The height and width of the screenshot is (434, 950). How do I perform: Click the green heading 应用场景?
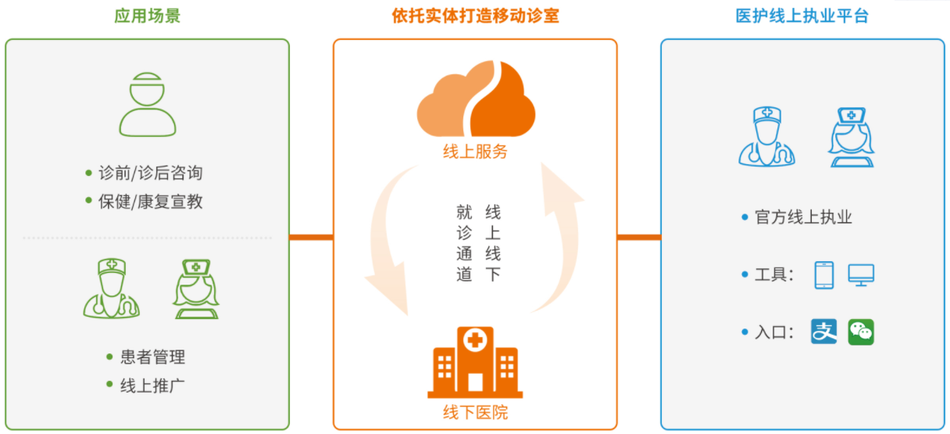click(x=147, y=16)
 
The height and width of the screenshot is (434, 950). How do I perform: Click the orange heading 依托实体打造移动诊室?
click(x=476, y=16)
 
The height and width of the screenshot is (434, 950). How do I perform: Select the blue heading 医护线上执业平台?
click(x=802, y=16)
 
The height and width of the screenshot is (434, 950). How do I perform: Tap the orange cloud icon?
click(x=476, y=99)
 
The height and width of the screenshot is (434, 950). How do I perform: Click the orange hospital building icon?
click(x=475, y=362)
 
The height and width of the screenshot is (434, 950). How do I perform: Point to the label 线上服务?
click(x=476, y=152)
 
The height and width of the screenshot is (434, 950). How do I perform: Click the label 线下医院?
click(x=476, y=412)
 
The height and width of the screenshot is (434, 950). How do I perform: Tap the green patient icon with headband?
click(x=147, y=105)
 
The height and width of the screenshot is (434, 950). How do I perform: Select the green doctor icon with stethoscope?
click(x=112, y=289)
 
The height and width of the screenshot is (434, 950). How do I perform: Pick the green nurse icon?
click(x=196, y=289)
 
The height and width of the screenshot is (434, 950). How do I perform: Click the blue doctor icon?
click(x=766, y=136)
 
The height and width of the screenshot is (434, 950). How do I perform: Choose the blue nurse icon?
click(x=852, y=137)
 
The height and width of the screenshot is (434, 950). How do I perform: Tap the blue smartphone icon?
click(x=824, y=275)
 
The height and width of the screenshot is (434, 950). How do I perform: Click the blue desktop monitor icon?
click(x=861, y=275)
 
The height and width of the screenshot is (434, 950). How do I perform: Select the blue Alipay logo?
click(x=823, y=332)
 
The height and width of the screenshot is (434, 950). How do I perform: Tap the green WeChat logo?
click(x=861, y=332)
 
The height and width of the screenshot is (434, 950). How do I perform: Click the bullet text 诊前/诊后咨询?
click(x=151, y=173)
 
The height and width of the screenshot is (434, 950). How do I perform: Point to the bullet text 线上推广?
click(x=152, y=386)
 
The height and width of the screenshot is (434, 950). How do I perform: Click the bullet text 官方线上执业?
click(x=803, y=217)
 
